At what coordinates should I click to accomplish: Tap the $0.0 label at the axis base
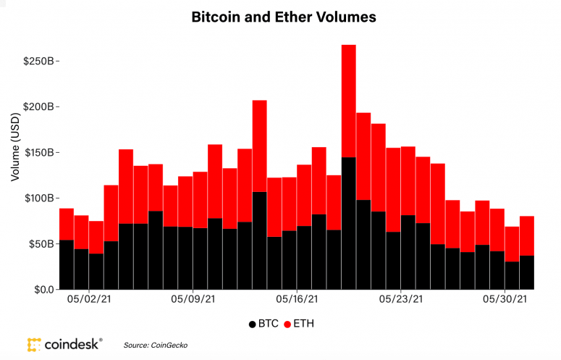pos(42,290)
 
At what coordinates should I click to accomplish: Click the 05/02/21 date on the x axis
pos(88,298)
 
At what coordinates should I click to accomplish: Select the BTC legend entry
pos(261,322)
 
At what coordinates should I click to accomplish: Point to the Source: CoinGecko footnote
pos(156,345)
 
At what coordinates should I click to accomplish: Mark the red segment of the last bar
pos(526,235)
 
